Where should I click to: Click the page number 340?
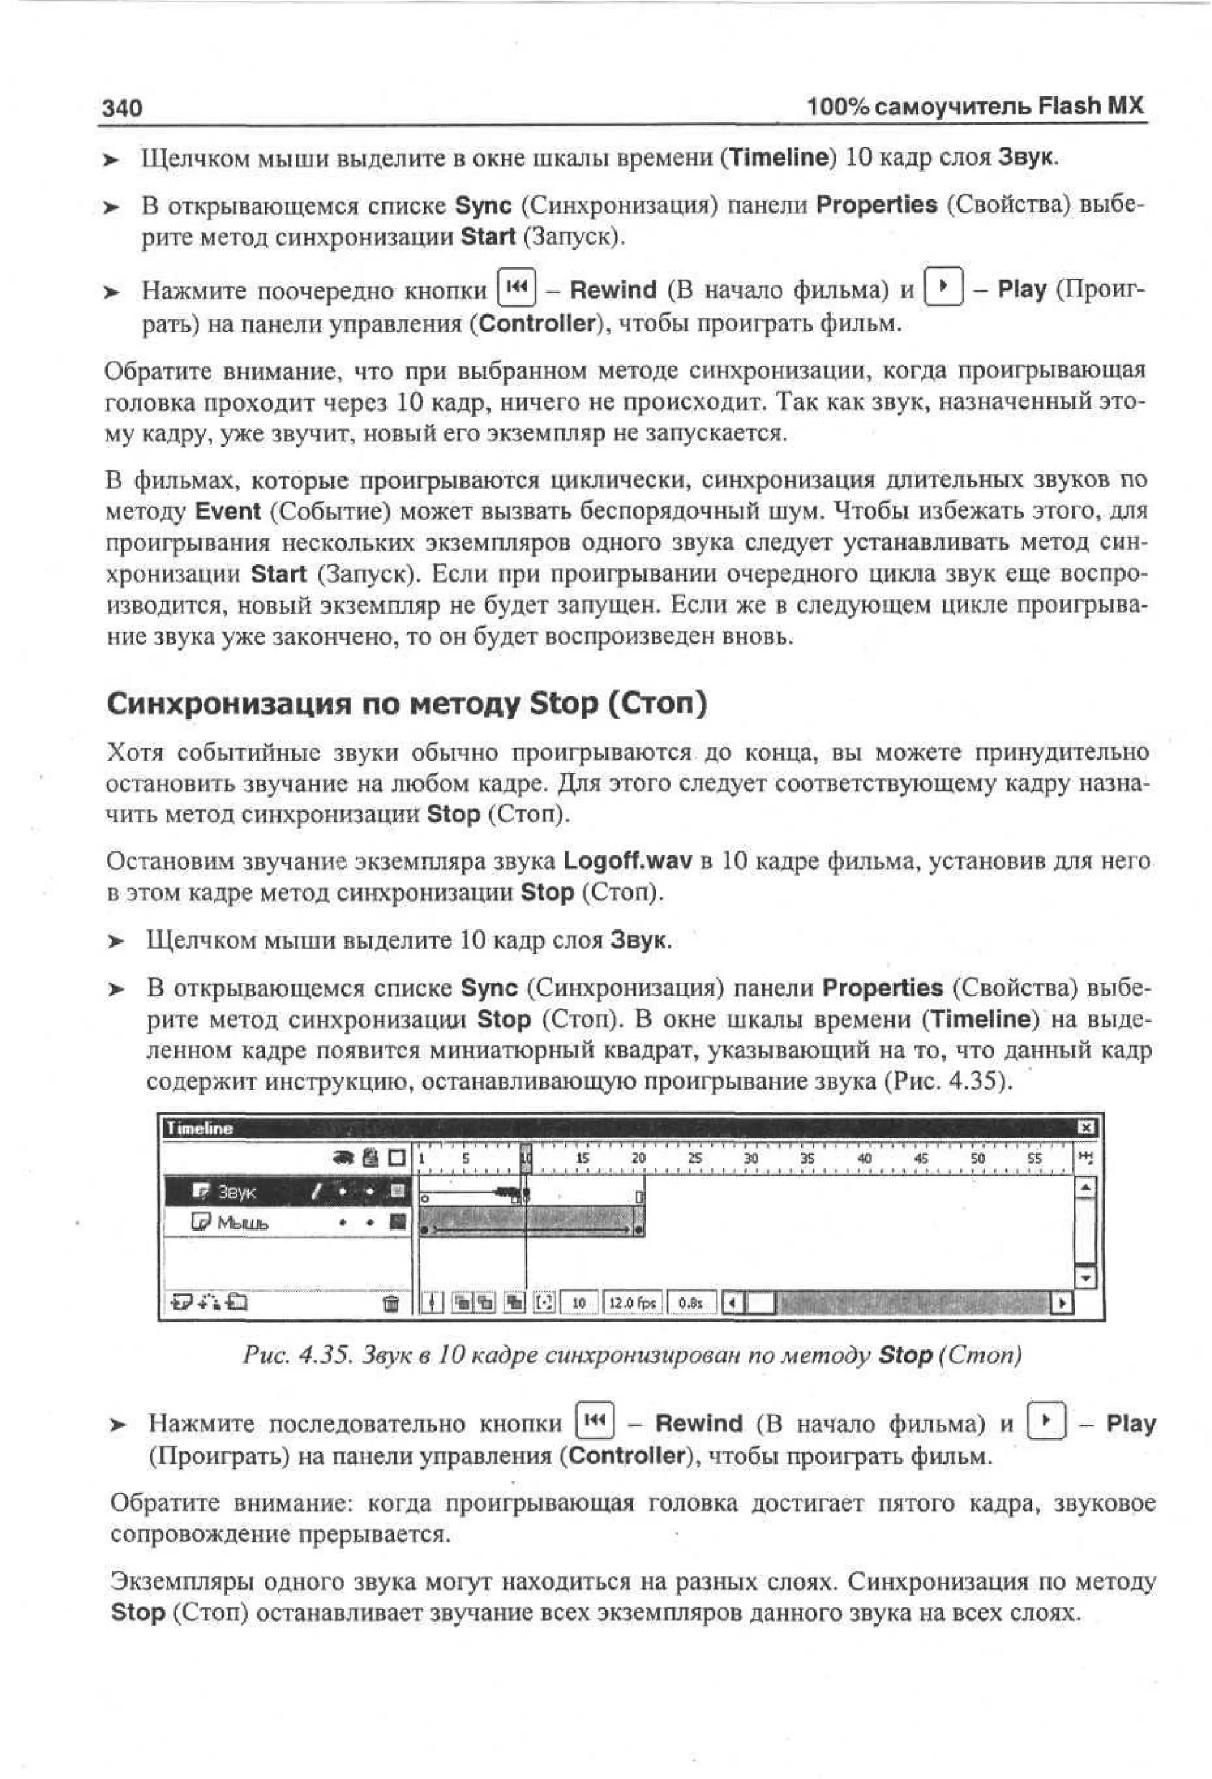(122, 108)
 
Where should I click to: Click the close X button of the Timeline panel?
(1086, 1127)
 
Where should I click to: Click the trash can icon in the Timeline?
(391, 1303)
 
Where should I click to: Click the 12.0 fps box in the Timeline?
(633, 1303)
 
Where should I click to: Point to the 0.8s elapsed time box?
(691, 1303)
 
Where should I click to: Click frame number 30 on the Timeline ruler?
(751, 1159)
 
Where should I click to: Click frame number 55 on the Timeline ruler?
(1034, 1159)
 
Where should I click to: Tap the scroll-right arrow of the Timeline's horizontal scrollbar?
(1063, 1303)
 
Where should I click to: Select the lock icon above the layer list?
(370, 1158)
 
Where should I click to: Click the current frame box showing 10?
(579, 1303)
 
